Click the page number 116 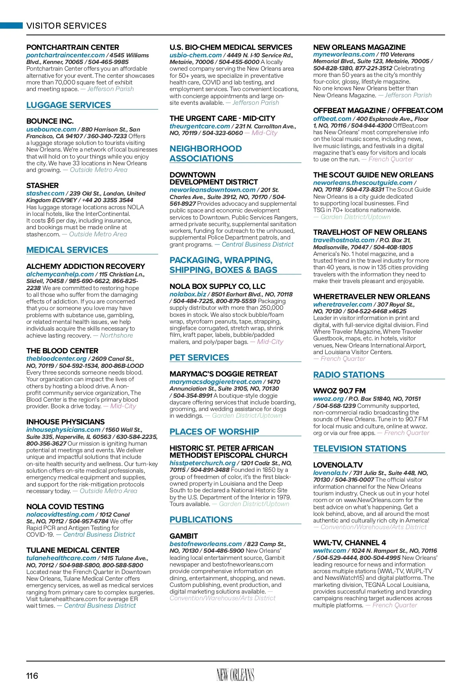pyautogui.click(x=32, y=676)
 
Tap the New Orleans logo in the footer pyautogui.click(x=235, y=675)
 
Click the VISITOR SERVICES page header pyautogui.click(x=66, y=26)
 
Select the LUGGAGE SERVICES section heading pyautogui.click(x=69, y=105)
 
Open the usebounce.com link pyautogui.click(x=51, y=129)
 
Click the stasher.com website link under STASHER pyautogui.click(x=45, y=193)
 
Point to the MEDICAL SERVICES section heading pyautogui.click(x=67, y=250)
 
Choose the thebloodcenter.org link pyautogui.click(x=56, y=358)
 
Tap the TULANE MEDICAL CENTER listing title pyautogui.click(x=73, y=550)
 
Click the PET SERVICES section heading pyautogui.click(x=199, y=358)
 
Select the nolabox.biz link pyautogui.click(x=188, y=294)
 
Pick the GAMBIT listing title pyautogui.click(x=184, y=536)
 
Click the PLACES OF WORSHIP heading pyautogui.click(x=214, y=432)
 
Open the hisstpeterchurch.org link pyautogui.click(x=202, y=463)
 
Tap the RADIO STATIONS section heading pyautogui.click(x=349, y=375)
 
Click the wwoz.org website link pyautogui.click(x=328, y=398)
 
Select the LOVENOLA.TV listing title pyautogui.click(x=338, y=465)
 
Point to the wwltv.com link pyautogui.click(x=329, y=550)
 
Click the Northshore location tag pyautogui.click(x=117, y=335)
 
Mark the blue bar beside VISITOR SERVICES pyautogui.click(x=11, y=26)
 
